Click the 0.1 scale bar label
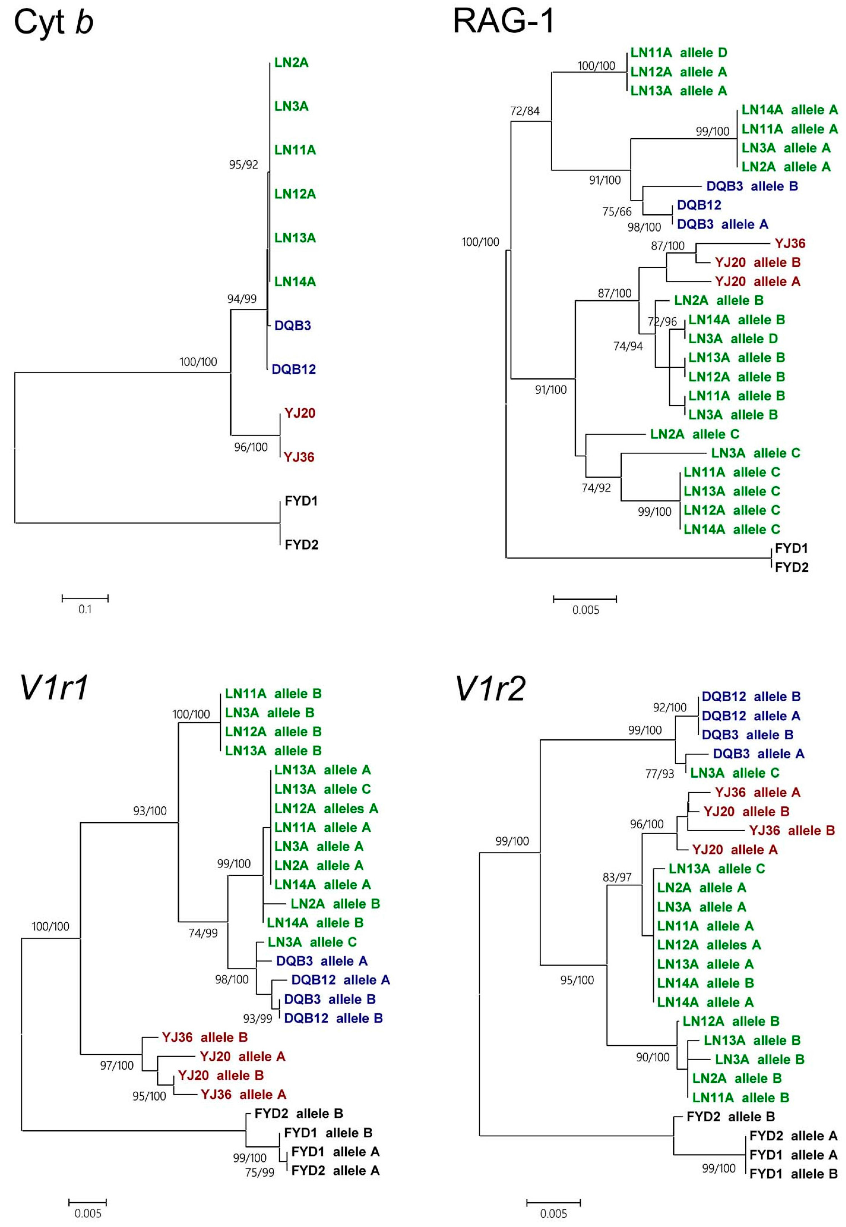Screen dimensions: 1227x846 tap(85, 609)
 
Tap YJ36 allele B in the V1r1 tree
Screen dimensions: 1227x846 tap(205, 1037)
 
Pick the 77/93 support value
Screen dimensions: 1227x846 tap(659, 774)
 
